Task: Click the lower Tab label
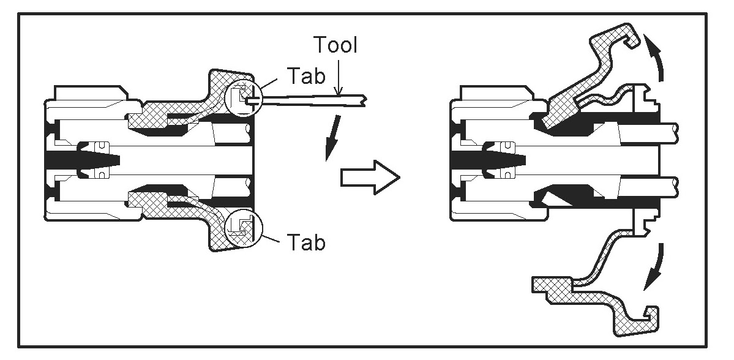(x=304, y=243)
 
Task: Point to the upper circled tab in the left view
(x=243, y=97)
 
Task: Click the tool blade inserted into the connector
(x=306, y=100)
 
